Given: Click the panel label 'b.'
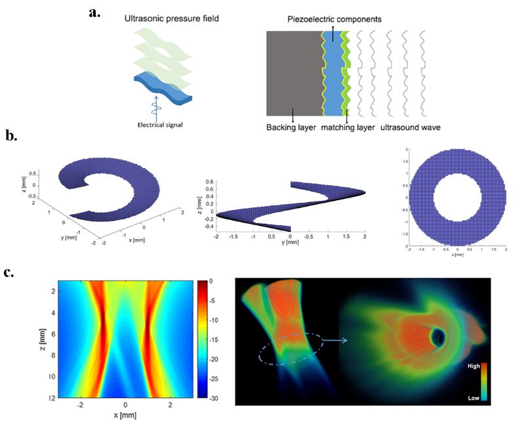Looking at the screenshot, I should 11,136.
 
